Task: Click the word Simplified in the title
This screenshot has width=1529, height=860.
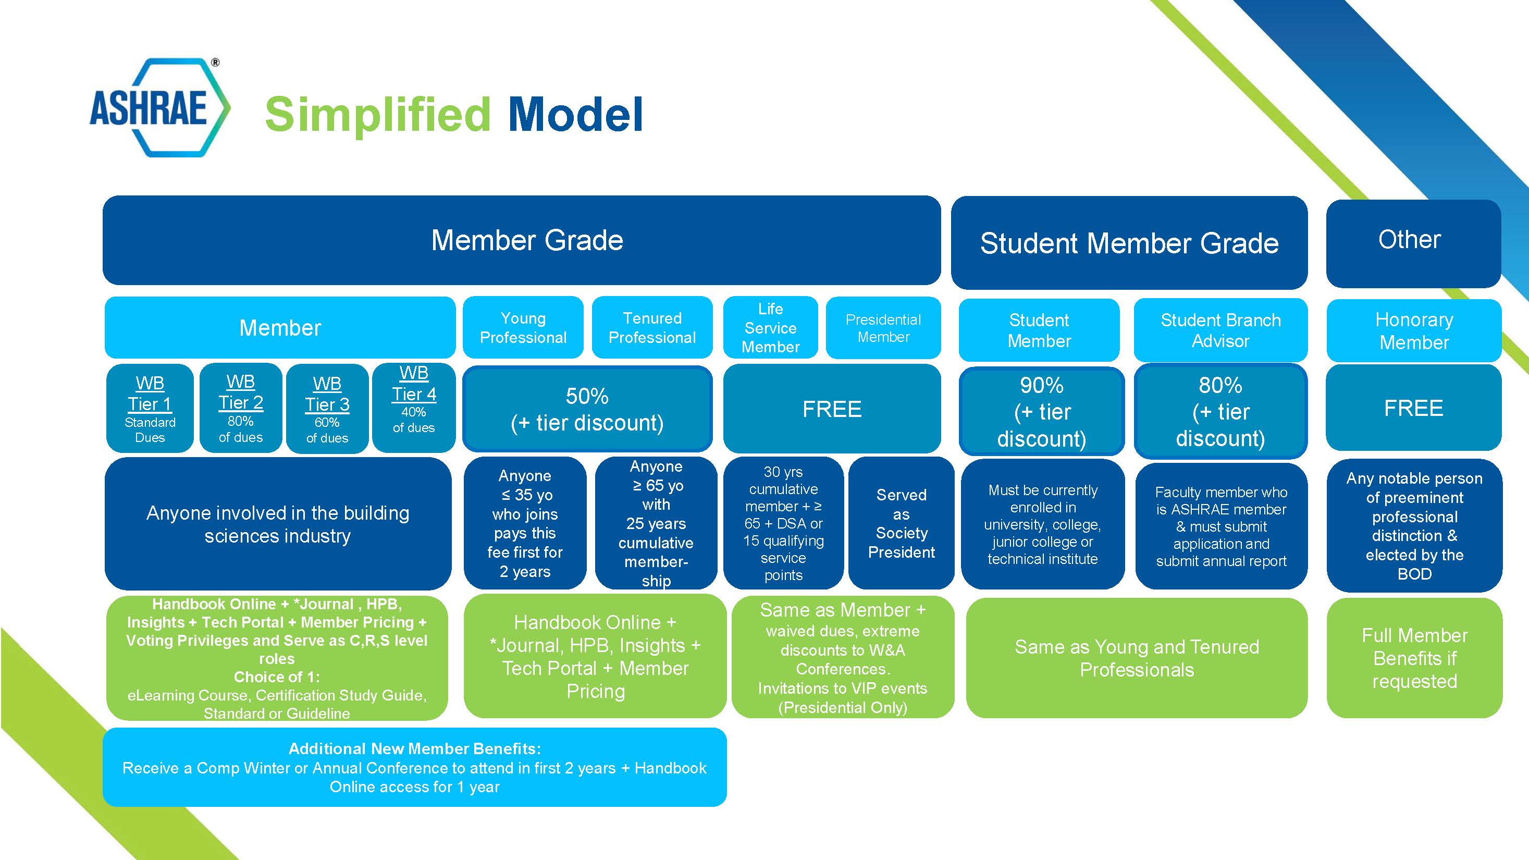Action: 377,115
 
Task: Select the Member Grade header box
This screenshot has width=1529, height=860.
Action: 521,240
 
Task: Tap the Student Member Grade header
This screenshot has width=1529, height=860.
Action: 1129,243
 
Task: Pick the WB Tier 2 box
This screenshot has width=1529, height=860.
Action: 240,408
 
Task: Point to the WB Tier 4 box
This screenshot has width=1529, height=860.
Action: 414,408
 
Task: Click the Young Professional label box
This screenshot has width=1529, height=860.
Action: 523,328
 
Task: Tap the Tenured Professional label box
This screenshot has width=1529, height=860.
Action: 652,328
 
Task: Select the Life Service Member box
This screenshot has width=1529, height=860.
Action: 770,328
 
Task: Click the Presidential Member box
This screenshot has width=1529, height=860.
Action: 883,328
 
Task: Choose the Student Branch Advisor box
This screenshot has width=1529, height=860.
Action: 1220,330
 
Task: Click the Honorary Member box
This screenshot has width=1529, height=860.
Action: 1414,330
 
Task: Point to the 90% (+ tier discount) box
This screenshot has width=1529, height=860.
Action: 1041,411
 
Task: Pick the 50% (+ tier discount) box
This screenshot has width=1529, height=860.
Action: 587,409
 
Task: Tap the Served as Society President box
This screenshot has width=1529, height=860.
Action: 901,523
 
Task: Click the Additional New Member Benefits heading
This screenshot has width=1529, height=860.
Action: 414,749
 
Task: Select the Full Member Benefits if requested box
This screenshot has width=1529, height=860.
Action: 1414,658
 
